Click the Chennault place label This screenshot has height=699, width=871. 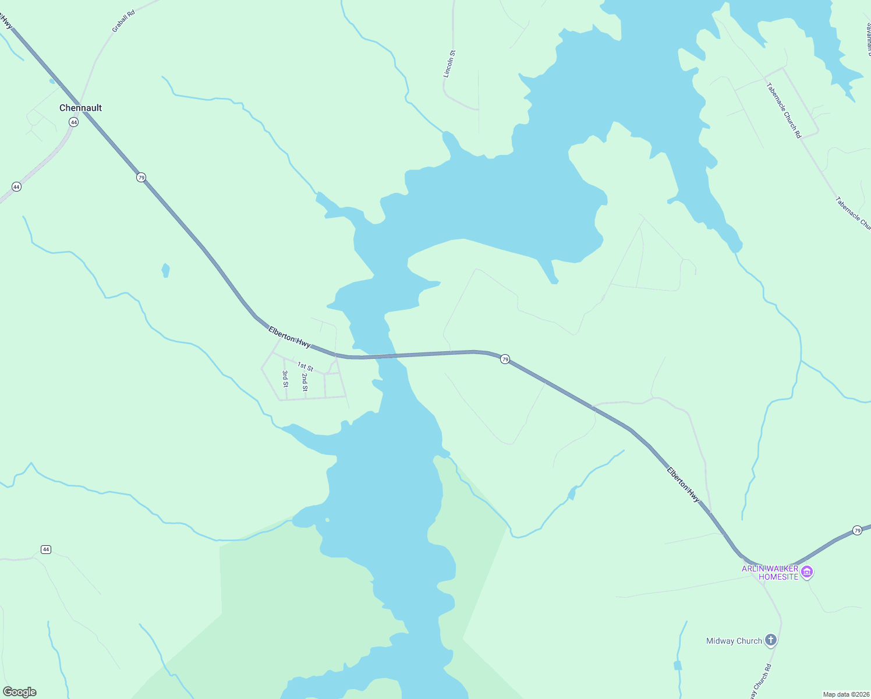pyautogui.click(x=80, y=108)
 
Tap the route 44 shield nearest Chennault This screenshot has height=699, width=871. pyautogui.click(x=73, y=122)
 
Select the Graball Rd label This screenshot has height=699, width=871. pyautogui.click(x=123, y=20)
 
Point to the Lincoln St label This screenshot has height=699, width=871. pyautogui.click(x=449, y=63)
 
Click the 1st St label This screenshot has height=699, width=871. pyautogui.click(x=305, y=367)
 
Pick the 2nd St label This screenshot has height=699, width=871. pyautogui.click(x=305, y=382)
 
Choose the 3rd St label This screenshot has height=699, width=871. pyautogui.click(x=285, y=379)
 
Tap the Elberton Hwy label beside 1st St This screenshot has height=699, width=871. pyautogui.click(x=289, y=337)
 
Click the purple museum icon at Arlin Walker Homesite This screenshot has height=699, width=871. pyautogui.click(x=807, y=573)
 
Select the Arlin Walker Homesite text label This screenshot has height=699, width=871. pyautogui.click(x=770, y=573)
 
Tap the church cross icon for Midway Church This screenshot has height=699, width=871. pyautogui.click(x=770, y=641)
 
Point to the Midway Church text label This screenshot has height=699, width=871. pyautogui.click(x=734, y=641)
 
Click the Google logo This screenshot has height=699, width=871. pyautogui.click(x=20, y=692)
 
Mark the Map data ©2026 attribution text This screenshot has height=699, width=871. pyautogui.click(x=845, y=694)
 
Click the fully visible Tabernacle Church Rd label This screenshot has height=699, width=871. pyautogui.click(x=784, y=111)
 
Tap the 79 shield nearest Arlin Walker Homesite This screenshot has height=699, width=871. pyautogui.click(x=857, y=530)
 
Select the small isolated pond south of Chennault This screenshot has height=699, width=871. pyautogui.click(x=165, y=270)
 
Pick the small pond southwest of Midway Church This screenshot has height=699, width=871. pyautogui.click(x=677, y=665)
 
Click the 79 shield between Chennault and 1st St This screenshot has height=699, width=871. pyautogui.click(x=141, y=177)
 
